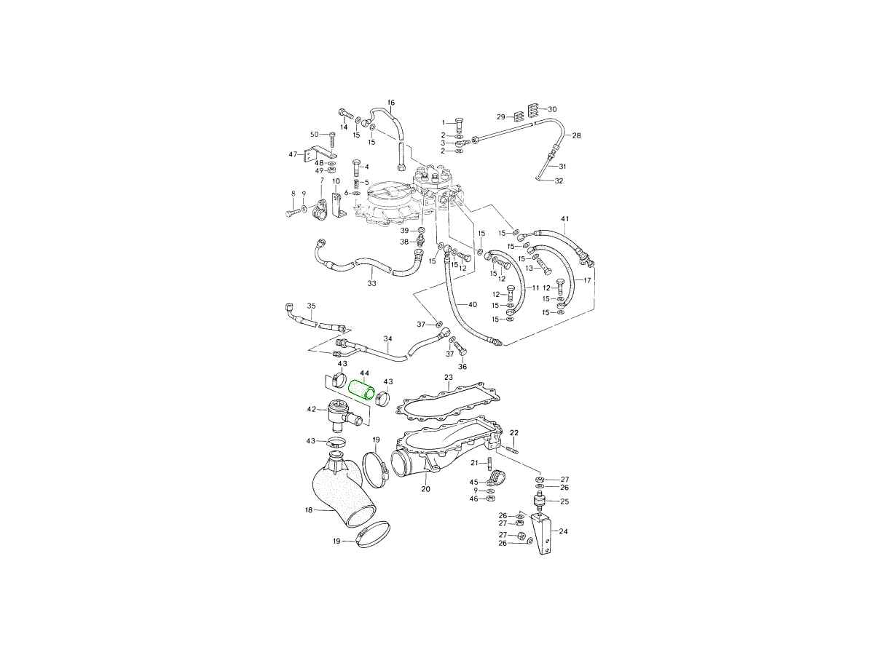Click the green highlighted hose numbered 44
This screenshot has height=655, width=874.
click(362, 392)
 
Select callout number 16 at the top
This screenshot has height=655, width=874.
click(390, 103)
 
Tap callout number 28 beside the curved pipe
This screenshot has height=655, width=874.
click(576, 135)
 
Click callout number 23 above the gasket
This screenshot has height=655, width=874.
click(449, 377)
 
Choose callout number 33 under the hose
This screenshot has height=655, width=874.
click(371, 284)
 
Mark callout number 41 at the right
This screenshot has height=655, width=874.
click(565, 219)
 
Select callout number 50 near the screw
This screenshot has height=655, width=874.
click(315, 135)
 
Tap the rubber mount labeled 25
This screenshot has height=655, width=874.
click(540, 502)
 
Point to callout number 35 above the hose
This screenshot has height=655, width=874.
click(312, 306)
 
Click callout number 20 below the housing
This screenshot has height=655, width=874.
click(425, 489)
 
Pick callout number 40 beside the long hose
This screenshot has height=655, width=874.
click(472, 305)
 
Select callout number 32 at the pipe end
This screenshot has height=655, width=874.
click(559, 181)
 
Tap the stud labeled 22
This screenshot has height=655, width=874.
click(512, 450)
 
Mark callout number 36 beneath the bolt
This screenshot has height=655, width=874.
click(462, 367)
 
